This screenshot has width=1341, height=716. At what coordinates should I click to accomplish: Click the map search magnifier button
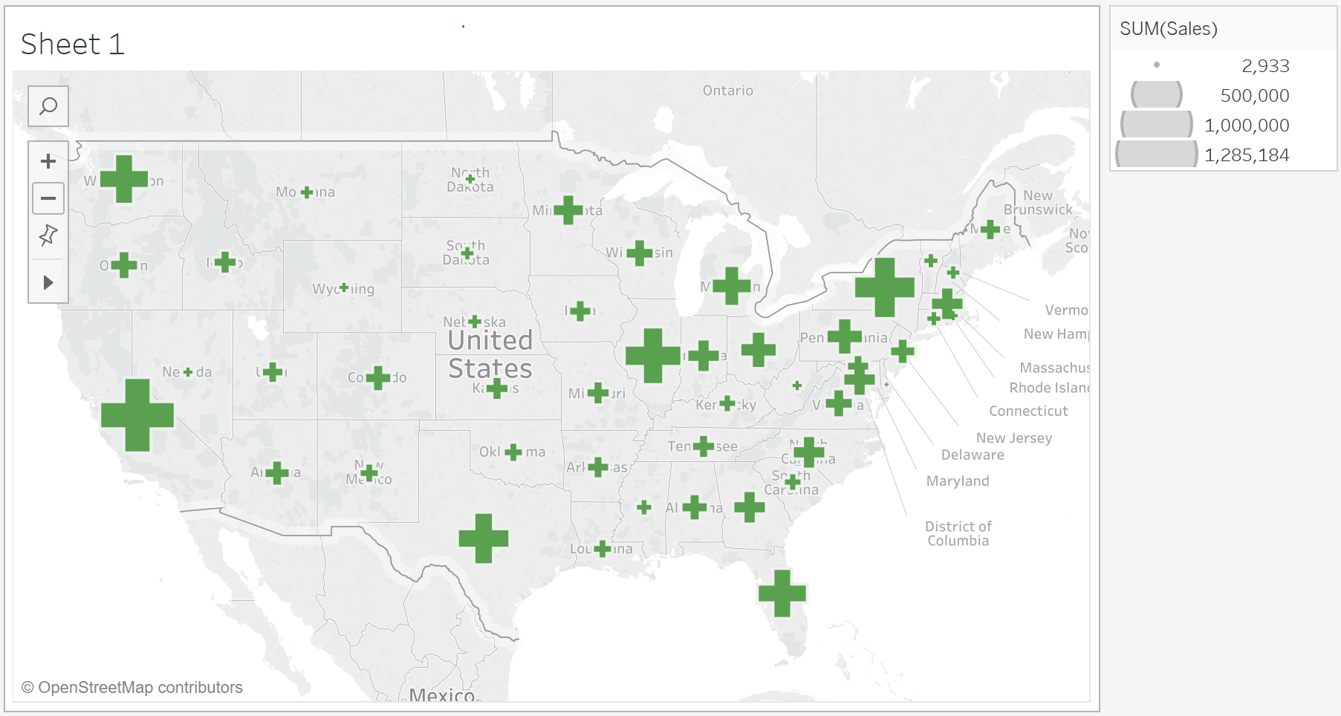click(48, 106)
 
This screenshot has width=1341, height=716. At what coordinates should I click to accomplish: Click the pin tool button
click(48, 235)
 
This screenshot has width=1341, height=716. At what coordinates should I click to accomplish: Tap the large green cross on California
click(137, 415)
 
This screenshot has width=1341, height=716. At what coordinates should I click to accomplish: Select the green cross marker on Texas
click(484, 538)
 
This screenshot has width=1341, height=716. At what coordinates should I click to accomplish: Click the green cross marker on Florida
click(782, 593)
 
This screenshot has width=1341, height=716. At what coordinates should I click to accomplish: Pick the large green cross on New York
click(884, 287)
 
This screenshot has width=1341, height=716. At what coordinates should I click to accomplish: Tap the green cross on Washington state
click(124, 179)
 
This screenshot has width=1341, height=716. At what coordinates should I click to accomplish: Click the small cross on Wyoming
click(344, 287)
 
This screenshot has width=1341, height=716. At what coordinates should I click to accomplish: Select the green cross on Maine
click(990, 230)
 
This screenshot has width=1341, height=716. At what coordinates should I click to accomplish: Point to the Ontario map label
click(728, 91)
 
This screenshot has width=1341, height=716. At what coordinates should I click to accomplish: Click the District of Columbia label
click(958, 533)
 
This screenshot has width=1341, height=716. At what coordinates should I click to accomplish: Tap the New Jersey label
click(1014, 438)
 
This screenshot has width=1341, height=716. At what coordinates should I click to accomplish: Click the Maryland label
click(958, 481)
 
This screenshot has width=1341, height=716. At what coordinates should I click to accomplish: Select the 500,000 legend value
click(1255, 96)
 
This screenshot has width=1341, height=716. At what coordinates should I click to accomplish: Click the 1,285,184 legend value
click(1247, 155)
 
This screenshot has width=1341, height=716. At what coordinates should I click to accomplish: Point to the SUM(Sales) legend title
click(1169, 29)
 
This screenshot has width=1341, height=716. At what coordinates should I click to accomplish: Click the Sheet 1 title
click(73, 45)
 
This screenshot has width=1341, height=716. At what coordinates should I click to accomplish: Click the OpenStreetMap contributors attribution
click(132, 688)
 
